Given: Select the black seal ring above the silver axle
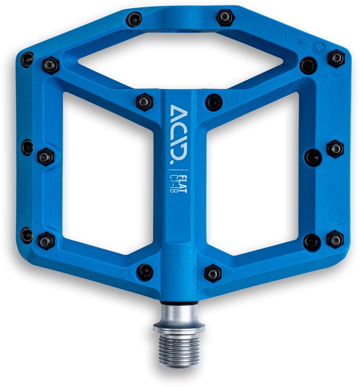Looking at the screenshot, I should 179,303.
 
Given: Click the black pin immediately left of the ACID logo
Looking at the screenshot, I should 145,101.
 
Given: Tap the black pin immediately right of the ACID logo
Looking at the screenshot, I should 214,102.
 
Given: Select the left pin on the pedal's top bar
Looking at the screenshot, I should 134,19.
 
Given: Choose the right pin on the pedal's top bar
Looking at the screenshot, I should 225,17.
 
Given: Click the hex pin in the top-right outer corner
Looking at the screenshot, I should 336,58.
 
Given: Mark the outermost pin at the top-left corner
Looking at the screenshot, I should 27,60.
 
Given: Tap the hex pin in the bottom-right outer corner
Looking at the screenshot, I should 335,239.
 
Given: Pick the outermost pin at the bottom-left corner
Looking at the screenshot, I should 27,235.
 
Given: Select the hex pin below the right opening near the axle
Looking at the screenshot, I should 213,273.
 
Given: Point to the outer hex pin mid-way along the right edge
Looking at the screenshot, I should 335,149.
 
